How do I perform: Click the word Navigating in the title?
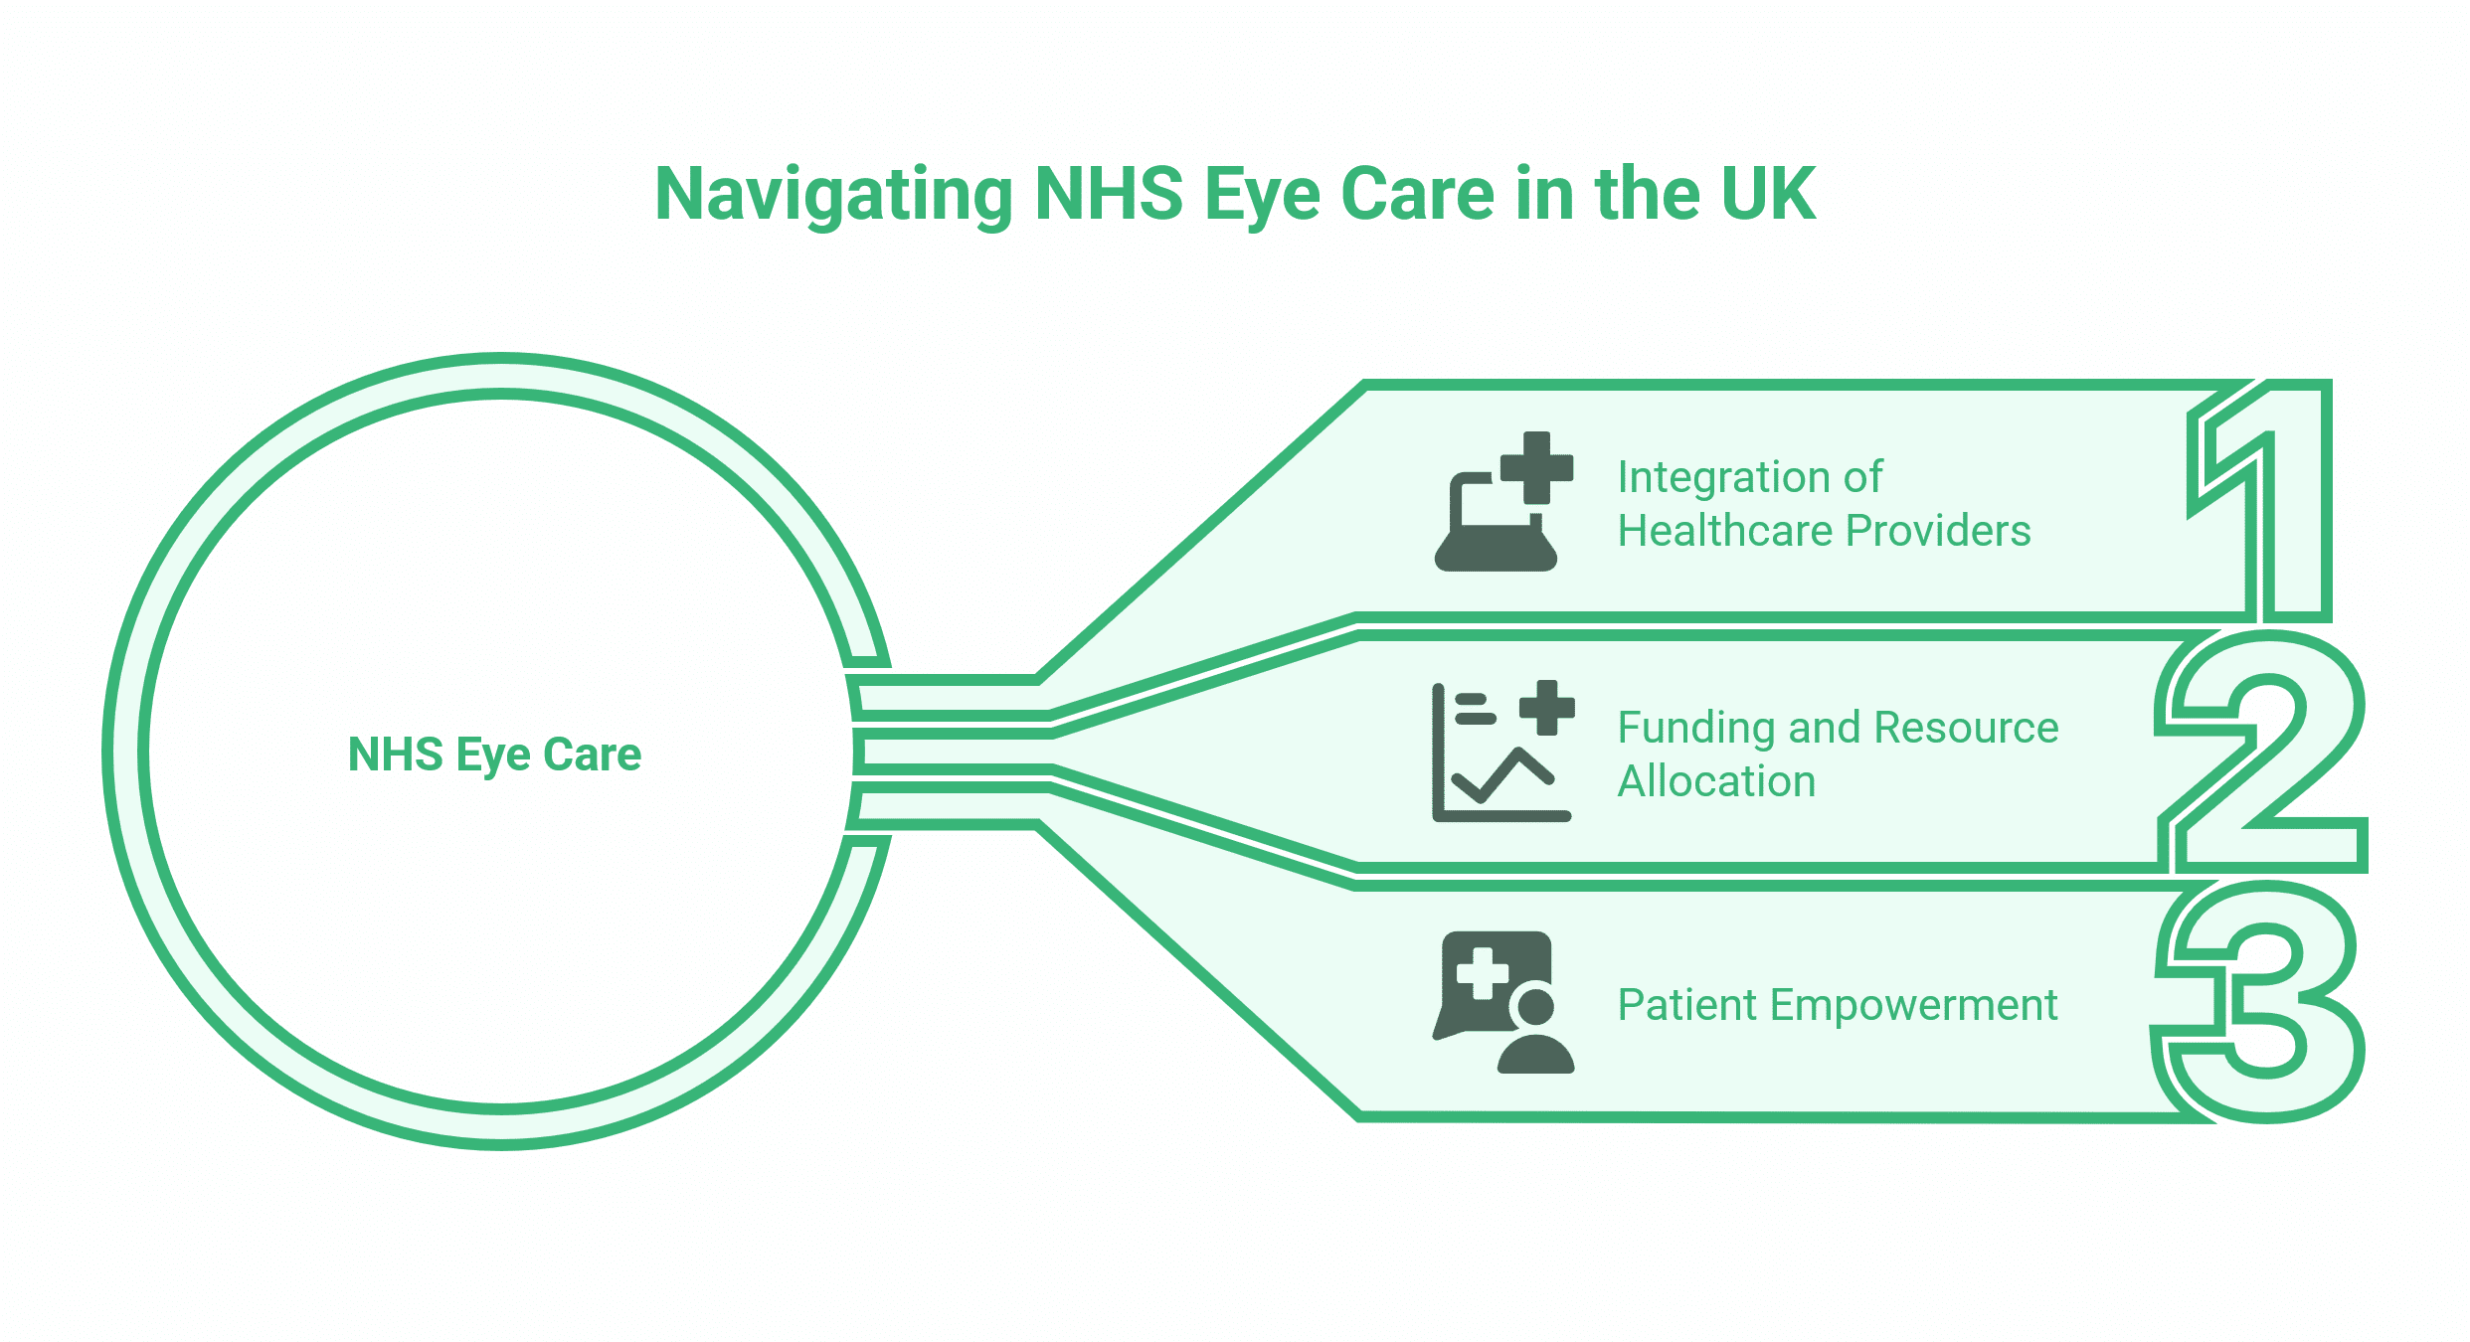tap(833, 195)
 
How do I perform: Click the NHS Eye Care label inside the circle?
tap(494, 755)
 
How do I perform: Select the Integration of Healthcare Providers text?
tap(1823, 504)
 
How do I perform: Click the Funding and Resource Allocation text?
tap(1837, 755)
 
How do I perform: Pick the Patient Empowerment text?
tap(1837, 1005)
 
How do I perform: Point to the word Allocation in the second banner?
tap(1716, 781)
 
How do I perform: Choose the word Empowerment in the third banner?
tap(1913, 1005)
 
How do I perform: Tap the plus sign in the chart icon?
tap(1546, 708)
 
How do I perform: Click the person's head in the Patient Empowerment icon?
tap(1536, 1007)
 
